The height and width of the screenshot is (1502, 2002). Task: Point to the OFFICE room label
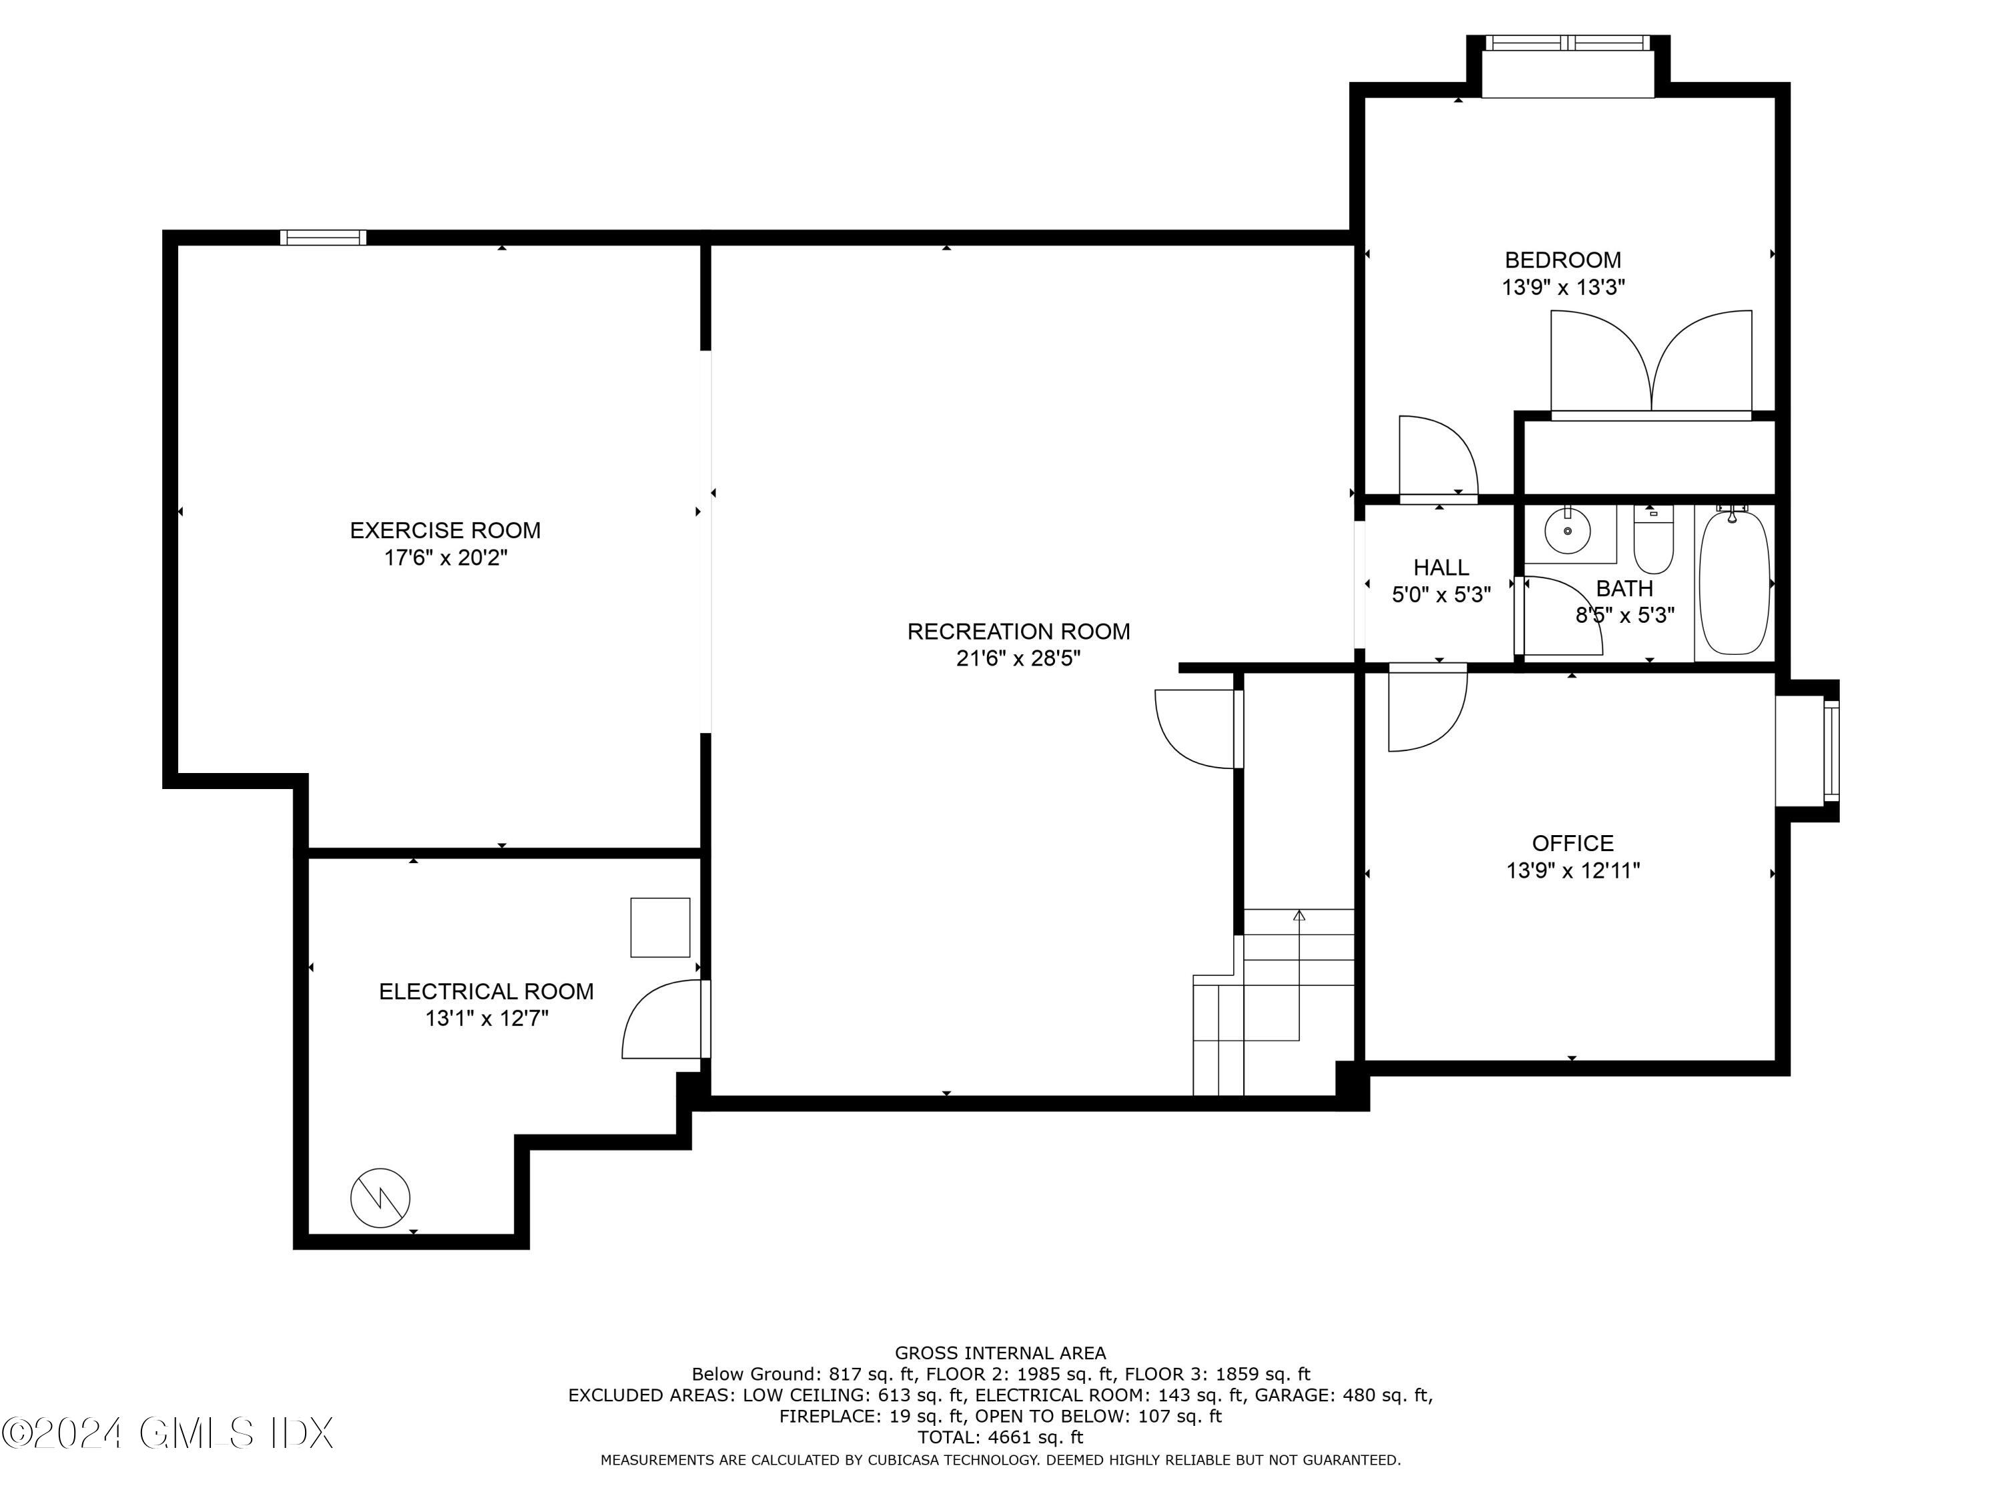pyautogui.click(x=1573, y=843)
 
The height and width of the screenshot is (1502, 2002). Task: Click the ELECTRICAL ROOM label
pyautogui.click(x=486, y=991)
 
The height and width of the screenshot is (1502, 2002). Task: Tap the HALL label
pyautogui.click(x=1441, y=567)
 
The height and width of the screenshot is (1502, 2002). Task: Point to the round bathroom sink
pyautogui.click(x=1568, y=531)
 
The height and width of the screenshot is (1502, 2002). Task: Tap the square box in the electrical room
pyautogui.click(x=661, y=927)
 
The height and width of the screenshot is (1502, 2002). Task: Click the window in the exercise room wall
pyautogui.click(x=323, y=237)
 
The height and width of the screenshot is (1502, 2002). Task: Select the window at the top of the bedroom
pyautogui.click(x=1568, y=43)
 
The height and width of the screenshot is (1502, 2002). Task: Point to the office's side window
pyautogui.click(x=1831, y=752)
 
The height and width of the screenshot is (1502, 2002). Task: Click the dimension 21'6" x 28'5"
pyautogui.click(x=1018, y=658)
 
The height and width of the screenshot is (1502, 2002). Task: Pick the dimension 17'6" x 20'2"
pyautogui.click(x=445, y=557)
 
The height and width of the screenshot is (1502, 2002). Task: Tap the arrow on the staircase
pyautogui.click(x=1300, y=975)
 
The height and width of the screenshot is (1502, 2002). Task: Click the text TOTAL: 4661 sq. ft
pyautogui.click(x=1000, y=1437)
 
